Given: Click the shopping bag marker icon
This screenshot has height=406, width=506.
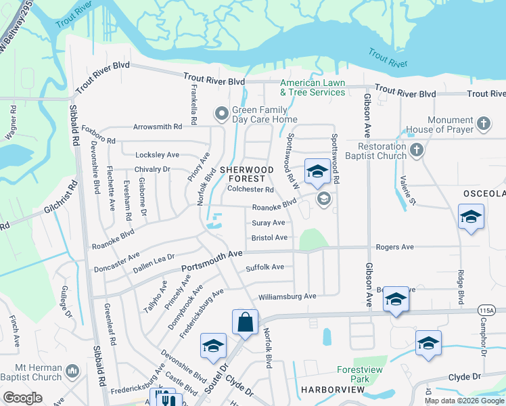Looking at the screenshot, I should click(x=246, y=323).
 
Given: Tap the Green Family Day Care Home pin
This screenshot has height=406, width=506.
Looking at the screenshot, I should click(x=221, y=113).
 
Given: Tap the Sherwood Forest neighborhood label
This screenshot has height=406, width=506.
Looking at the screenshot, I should click(x=246, y=174).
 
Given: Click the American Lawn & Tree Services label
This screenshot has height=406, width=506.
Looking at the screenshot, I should click(x=313, y=87).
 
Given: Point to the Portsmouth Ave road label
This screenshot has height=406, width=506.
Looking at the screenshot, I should click(x=212, y=261).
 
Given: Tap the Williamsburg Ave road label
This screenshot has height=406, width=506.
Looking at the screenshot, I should click(x=287, y=296).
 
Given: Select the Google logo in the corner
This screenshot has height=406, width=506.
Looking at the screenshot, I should click(x=22, y=398).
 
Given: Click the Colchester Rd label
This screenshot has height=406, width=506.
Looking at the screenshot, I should click(x=250, y=190).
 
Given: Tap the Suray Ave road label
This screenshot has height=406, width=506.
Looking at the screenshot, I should click(x=268, y=223).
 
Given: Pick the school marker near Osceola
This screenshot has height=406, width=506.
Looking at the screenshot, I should click(x=471, y=217).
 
